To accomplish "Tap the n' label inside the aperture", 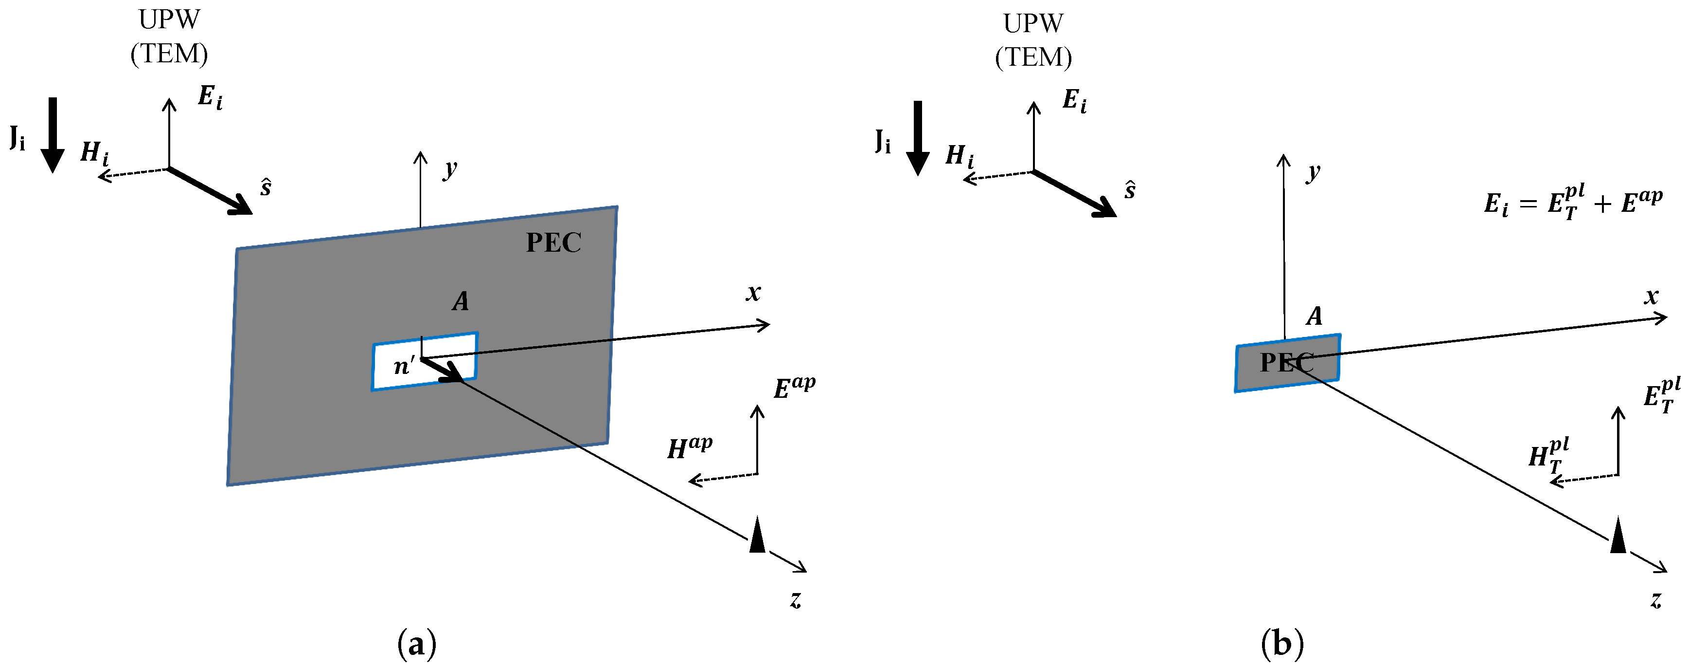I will (404, 366).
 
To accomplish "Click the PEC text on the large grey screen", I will (553, 243).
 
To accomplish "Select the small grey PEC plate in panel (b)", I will (1286, 363).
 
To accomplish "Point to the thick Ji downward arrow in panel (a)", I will (53, 134).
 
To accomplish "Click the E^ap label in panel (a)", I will (794, 388).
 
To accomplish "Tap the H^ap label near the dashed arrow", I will (689, 448).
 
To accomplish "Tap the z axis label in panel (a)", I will (795, 599).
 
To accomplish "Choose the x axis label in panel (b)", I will (1651, 297).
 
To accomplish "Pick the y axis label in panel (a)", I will (449, 170).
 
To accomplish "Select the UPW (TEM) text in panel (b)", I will (1033, 41).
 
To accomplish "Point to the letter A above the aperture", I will (460, 302).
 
